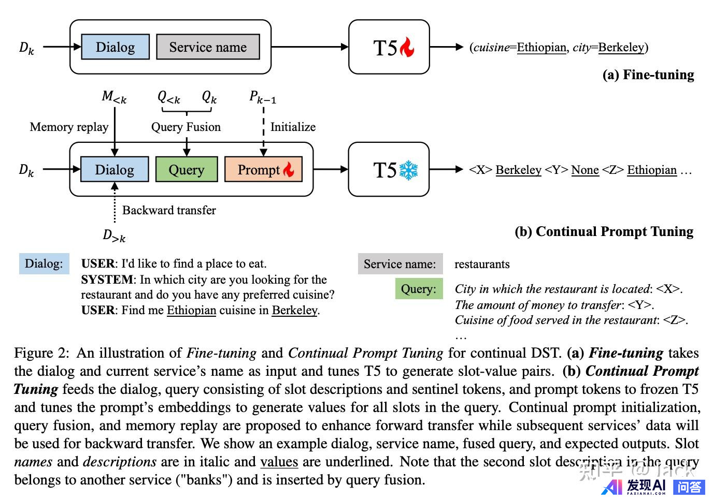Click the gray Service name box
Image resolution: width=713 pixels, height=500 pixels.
208,47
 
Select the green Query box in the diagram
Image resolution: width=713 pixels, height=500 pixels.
187,170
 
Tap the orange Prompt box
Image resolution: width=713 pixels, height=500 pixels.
264,170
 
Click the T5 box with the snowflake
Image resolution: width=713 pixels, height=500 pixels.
389,170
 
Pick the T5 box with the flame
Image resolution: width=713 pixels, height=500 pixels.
389,47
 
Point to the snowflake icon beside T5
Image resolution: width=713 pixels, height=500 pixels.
408,170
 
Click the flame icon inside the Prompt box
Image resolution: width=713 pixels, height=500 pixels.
289,169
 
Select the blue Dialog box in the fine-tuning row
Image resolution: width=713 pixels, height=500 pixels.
115,47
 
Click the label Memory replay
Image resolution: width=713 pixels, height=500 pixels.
69,127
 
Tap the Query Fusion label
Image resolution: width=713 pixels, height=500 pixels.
186,127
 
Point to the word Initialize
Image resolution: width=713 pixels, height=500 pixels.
293,127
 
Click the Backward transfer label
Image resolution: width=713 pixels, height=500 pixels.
169,210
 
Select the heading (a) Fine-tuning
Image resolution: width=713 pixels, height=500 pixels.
648,75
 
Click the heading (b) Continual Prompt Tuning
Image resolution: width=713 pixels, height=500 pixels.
604,231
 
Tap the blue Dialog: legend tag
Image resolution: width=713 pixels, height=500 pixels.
44,263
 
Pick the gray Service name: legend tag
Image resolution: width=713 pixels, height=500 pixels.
400,264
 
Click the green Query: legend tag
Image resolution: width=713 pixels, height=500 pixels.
419,289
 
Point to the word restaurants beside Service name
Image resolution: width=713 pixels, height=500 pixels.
482,264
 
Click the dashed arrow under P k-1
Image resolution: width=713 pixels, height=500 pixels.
264,129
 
